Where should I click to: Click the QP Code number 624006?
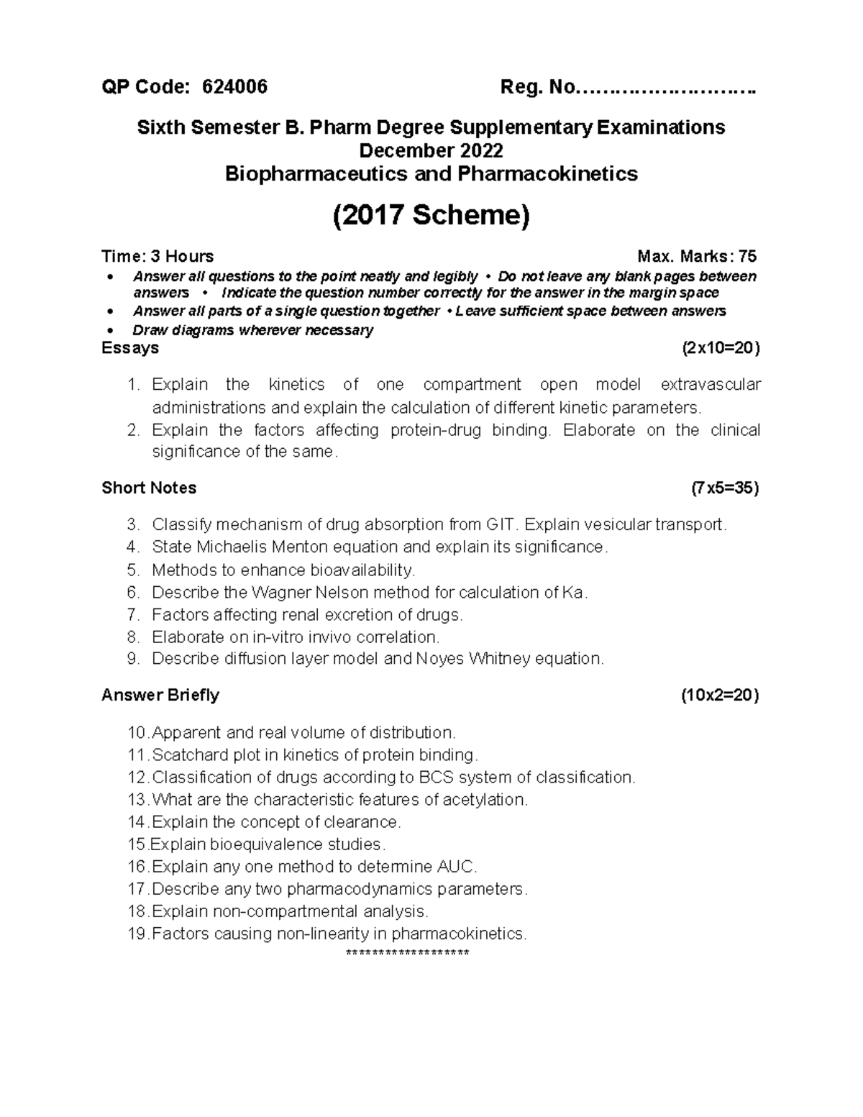[235, 87]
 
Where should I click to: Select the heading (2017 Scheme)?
[431, 215]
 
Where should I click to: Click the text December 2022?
[431, 150]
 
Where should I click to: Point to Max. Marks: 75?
[697, 256]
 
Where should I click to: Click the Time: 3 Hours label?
[157, 256]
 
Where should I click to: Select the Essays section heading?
[130, 348]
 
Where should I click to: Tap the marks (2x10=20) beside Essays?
[720, 348]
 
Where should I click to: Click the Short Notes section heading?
[149, 488]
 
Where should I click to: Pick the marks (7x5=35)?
[724, 488]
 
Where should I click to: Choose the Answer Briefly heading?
[160, 695]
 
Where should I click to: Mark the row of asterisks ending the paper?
[407, 953]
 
